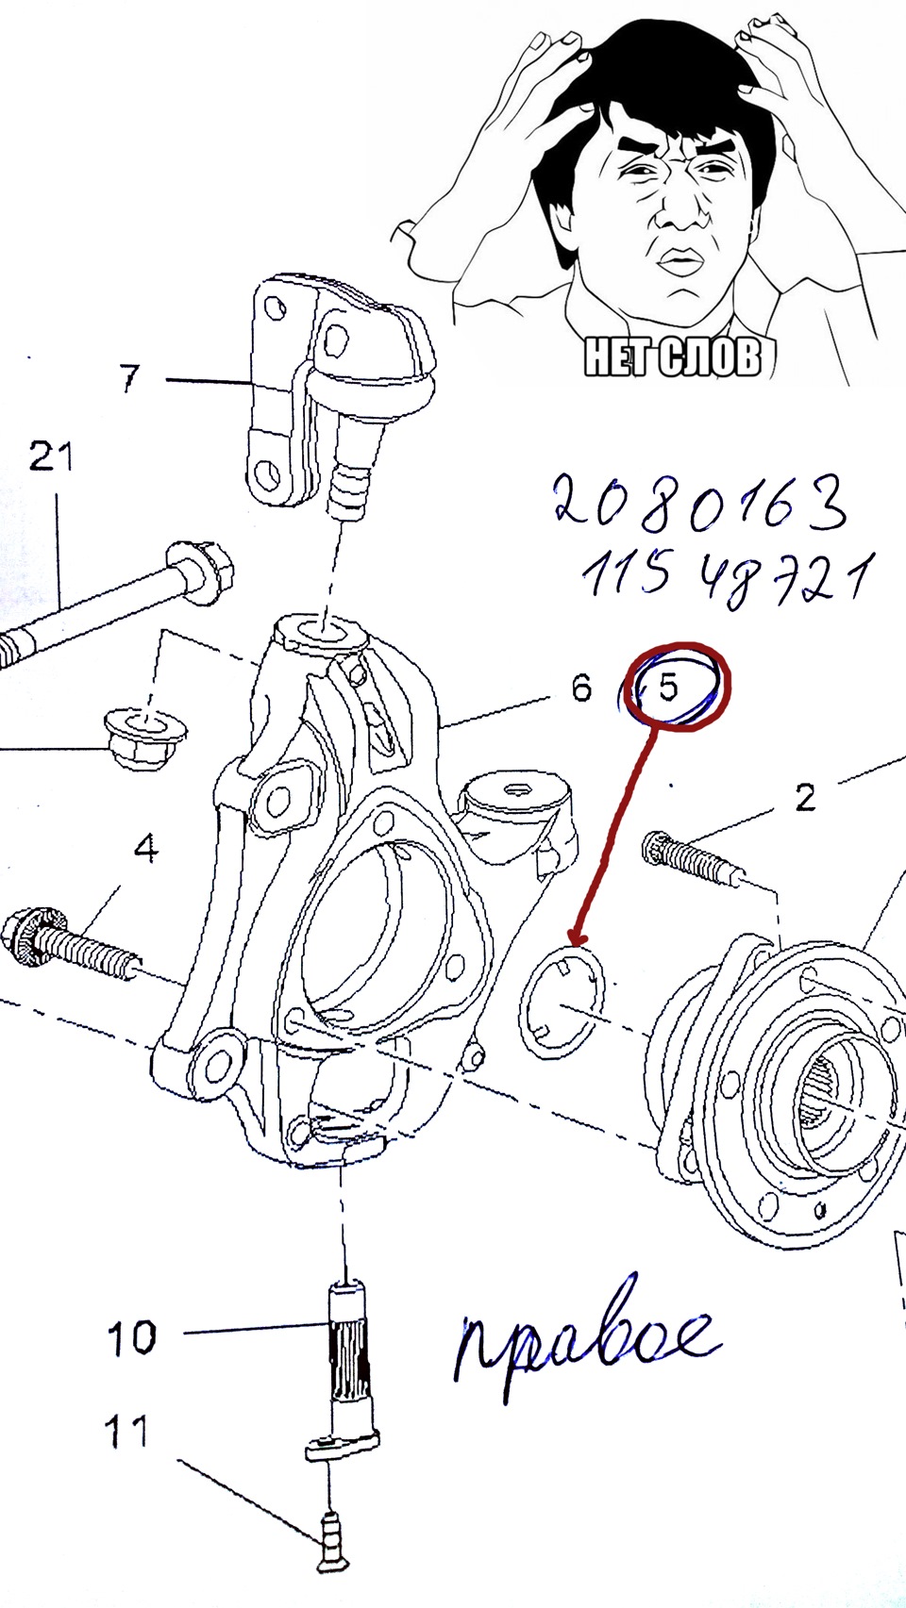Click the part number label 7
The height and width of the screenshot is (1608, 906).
click(x=129, y=377)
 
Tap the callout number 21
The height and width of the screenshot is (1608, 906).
click(x=50, y=456)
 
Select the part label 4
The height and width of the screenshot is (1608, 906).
click(x=146, y=848)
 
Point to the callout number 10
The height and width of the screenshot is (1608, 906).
click(x=131, y=1336)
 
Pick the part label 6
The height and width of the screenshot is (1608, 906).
click(x=581, y=687)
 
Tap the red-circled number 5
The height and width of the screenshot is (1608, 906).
click(x=668, y=687)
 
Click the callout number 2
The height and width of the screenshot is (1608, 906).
click(x=805, y=797)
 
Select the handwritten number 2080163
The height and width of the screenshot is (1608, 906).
click(x=700, y=503)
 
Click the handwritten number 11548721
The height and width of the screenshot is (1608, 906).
click(x=727, y=578)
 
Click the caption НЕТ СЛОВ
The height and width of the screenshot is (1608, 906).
click(x=672, y=356)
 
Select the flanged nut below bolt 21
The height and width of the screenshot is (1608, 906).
click(x=146, y=738)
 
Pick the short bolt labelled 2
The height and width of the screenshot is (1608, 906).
click(x=691, y=856)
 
